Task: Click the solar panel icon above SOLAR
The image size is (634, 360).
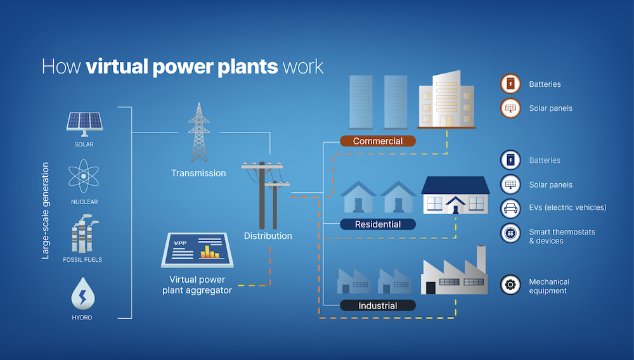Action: pyautogui.click(x=84, y=123)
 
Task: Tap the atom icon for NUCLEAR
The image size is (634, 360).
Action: pyautogui.click(x=84, y=177)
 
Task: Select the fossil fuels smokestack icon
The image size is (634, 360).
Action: pyautogui.click(x=83, y=234)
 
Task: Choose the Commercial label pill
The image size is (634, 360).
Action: pyautogui.click(x=377, y=141)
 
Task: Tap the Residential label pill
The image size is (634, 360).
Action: pyautogui.click(x=377, y=224)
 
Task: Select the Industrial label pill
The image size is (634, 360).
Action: pyautogui.click(x=377, y=305)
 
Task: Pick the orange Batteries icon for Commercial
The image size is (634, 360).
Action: pyautogui.click(x=510, y=84)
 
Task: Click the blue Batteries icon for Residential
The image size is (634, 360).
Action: pyautogui.click(x=510, y=160)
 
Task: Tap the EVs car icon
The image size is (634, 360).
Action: pyautogui.click(x=510, y=208)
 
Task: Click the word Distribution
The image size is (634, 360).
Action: pyautogui.click(x=268, y=236)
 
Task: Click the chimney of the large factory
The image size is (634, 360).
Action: pyautogui.click(x=481, y=256)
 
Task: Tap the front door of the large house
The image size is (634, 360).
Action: pyautogui.click(x=455, y=206)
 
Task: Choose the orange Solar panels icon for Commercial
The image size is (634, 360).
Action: pyautogui.click(x=510, y=108)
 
